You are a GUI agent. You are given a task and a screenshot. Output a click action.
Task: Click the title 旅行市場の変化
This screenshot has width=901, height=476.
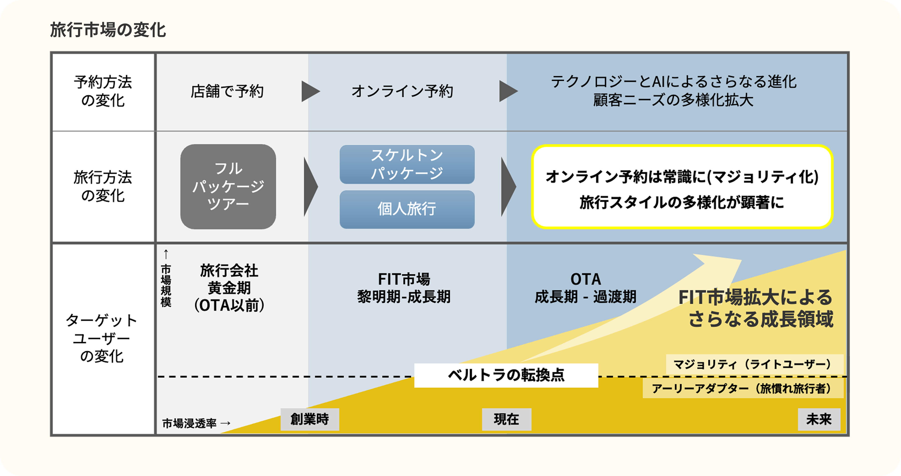[x=108, y=30]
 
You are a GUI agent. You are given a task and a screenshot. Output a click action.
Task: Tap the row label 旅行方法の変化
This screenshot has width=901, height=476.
[x=103, y=187]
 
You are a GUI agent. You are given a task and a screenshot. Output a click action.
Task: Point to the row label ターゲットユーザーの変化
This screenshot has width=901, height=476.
[x=102, y=338]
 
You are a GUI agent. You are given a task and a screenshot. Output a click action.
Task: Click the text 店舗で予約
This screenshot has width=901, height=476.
[x=227, y=92]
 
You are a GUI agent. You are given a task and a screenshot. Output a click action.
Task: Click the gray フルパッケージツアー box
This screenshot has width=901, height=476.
[x=228, y=187]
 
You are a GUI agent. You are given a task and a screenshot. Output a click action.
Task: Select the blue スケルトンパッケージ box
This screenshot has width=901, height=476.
[x=407, y=164]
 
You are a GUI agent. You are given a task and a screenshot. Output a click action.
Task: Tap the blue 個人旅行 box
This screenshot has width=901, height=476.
[x=407, y=209]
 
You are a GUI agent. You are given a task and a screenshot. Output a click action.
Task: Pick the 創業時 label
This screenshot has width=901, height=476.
[x=309, y=419]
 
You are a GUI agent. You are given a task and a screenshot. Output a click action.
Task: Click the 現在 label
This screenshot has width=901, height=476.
[x=506, y=419]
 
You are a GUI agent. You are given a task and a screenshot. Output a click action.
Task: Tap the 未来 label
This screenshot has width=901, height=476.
[x=819, y=419]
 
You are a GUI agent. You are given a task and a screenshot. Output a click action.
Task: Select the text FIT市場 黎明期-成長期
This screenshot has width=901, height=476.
[x=404, y=288]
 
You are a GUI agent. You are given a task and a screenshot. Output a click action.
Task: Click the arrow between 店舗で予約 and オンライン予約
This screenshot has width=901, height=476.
[x=310, y=92]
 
